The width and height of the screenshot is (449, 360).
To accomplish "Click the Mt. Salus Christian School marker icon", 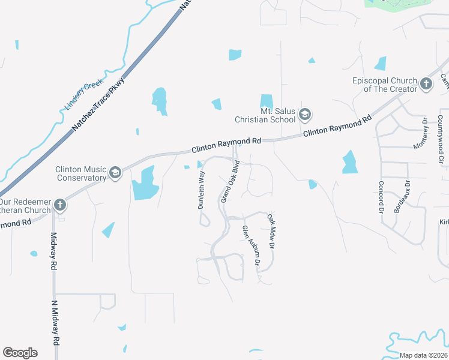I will pos(305,115).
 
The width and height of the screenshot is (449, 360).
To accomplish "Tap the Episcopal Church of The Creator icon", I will pos(426,84).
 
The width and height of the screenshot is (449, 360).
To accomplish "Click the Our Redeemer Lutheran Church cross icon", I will pos(59,205).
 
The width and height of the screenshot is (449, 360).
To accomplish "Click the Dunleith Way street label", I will pos(202,190).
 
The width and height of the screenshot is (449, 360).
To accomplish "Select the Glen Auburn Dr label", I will pos(251,245).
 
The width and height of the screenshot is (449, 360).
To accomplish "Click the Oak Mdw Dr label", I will pos(271,232).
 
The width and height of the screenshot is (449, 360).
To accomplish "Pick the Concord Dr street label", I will pos(381,197).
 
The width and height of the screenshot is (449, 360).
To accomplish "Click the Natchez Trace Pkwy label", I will pos(99,102).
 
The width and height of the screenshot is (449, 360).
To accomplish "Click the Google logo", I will pos(20,352).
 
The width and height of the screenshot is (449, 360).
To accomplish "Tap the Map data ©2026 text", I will pos(423,355).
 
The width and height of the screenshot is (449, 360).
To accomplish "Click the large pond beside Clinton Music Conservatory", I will pos(144,184).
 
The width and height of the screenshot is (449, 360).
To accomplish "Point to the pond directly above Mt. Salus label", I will pos(266,101).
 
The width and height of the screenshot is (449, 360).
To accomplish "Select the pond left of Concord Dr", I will pos(349,162).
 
